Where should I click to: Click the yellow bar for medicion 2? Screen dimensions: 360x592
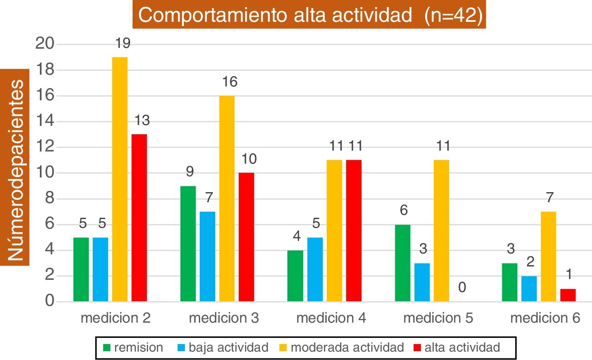coord(120,179)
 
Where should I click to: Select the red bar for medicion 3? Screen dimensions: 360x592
coord(246,237)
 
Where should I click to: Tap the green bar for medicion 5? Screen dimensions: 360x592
coord(403,263)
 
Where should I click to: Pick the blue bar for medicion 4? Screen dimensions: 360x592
coord(315,269)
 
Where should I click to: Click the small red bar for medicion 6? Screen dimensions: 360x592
coord(568,295)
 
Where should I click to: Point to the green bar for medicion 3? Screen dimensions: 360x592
coord(188,244)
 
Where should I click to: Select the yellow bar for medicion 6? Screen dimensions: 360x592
coord(548,256)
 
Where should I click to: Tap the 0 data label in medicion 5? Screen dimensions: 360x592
coord(462,288)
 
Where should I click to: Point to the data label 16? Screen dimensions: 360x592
coord(229,82)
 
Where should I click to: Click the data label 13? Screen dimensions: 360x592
coord(142,120)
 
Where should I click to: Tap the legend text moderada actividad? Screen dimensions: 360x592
coord(347,347)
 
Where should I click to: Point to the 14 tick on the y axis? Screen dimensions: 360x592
coord(46,121)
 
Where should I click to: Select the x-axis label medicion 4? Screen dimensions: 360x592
coord(331,318)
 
